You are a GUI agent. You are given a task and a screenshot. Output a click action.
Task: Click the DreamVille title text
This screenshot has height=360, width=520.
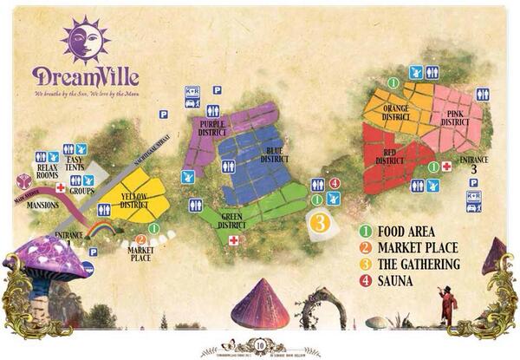[85, 76]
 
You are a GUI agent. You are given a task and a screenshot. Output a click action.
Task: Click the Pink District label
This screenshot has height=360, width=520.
[454, 118]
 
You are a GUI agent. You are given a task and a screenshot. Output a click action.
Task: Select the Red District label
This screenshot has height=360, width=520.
[390, 156]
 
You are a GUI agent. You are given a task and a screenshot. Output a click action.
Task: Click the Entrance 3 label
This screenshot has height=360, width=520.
[473, 165]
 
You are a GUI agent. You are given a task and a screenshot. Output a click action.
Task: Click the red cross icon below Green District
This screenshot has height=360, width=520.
[233, 239]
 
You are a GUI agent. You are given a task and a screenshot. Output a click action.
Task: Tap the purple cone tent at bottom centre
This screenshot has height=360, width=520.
[260, 304]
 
